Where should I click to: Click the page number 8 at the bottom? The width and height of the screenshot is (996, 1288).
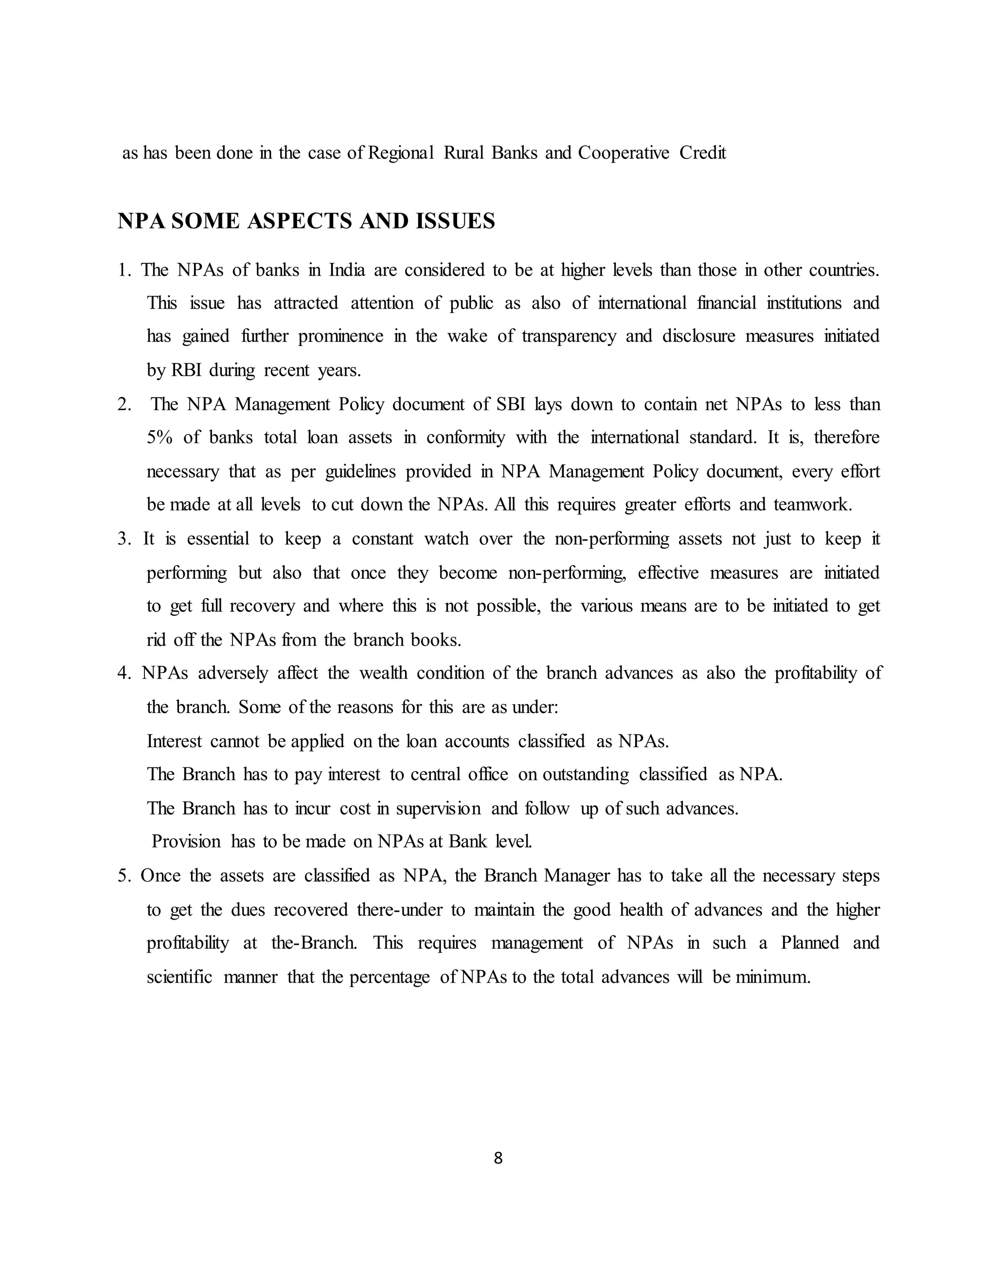(x=498, y=1158)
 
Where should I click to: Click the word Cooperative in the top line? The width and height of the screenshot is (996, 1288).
(x=623, y=153)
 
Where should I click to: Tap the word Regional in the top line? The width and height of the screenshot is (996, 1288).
(x=401, y=153)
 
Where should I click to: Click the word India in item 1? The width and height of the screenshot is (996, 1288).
(x=346, y=270)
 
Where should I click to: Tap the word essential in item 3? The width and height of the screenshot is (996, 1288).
(x=218, y=539)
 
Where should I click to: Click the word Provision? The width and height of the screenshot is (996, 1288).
(x=186, y=841)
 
